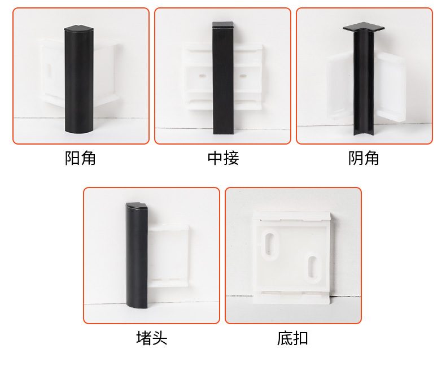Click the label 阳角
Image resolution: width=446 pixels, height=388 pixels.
pyautogui.click(x=81, y=158)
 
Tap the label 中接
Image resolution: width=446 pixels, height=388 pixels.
pyautogui.click(x=223, y=158)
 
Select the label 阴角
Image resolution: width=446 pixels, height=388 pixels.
pyautogui.click(x=364, y=158)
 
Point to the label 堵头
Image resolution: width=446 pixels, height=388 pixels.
pyautogui.click(x=151, y=338)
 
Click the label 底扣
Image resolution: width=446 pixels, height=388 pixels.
pyautogui.click(x=292, y=338)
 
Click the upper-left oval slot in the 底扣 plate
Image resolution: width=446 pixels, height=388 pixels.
pyautogui.click(x=271, y=244)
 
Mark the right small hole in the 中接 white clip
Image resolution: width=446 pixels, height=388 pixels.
pyautogui.click(x=243, y=75)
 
